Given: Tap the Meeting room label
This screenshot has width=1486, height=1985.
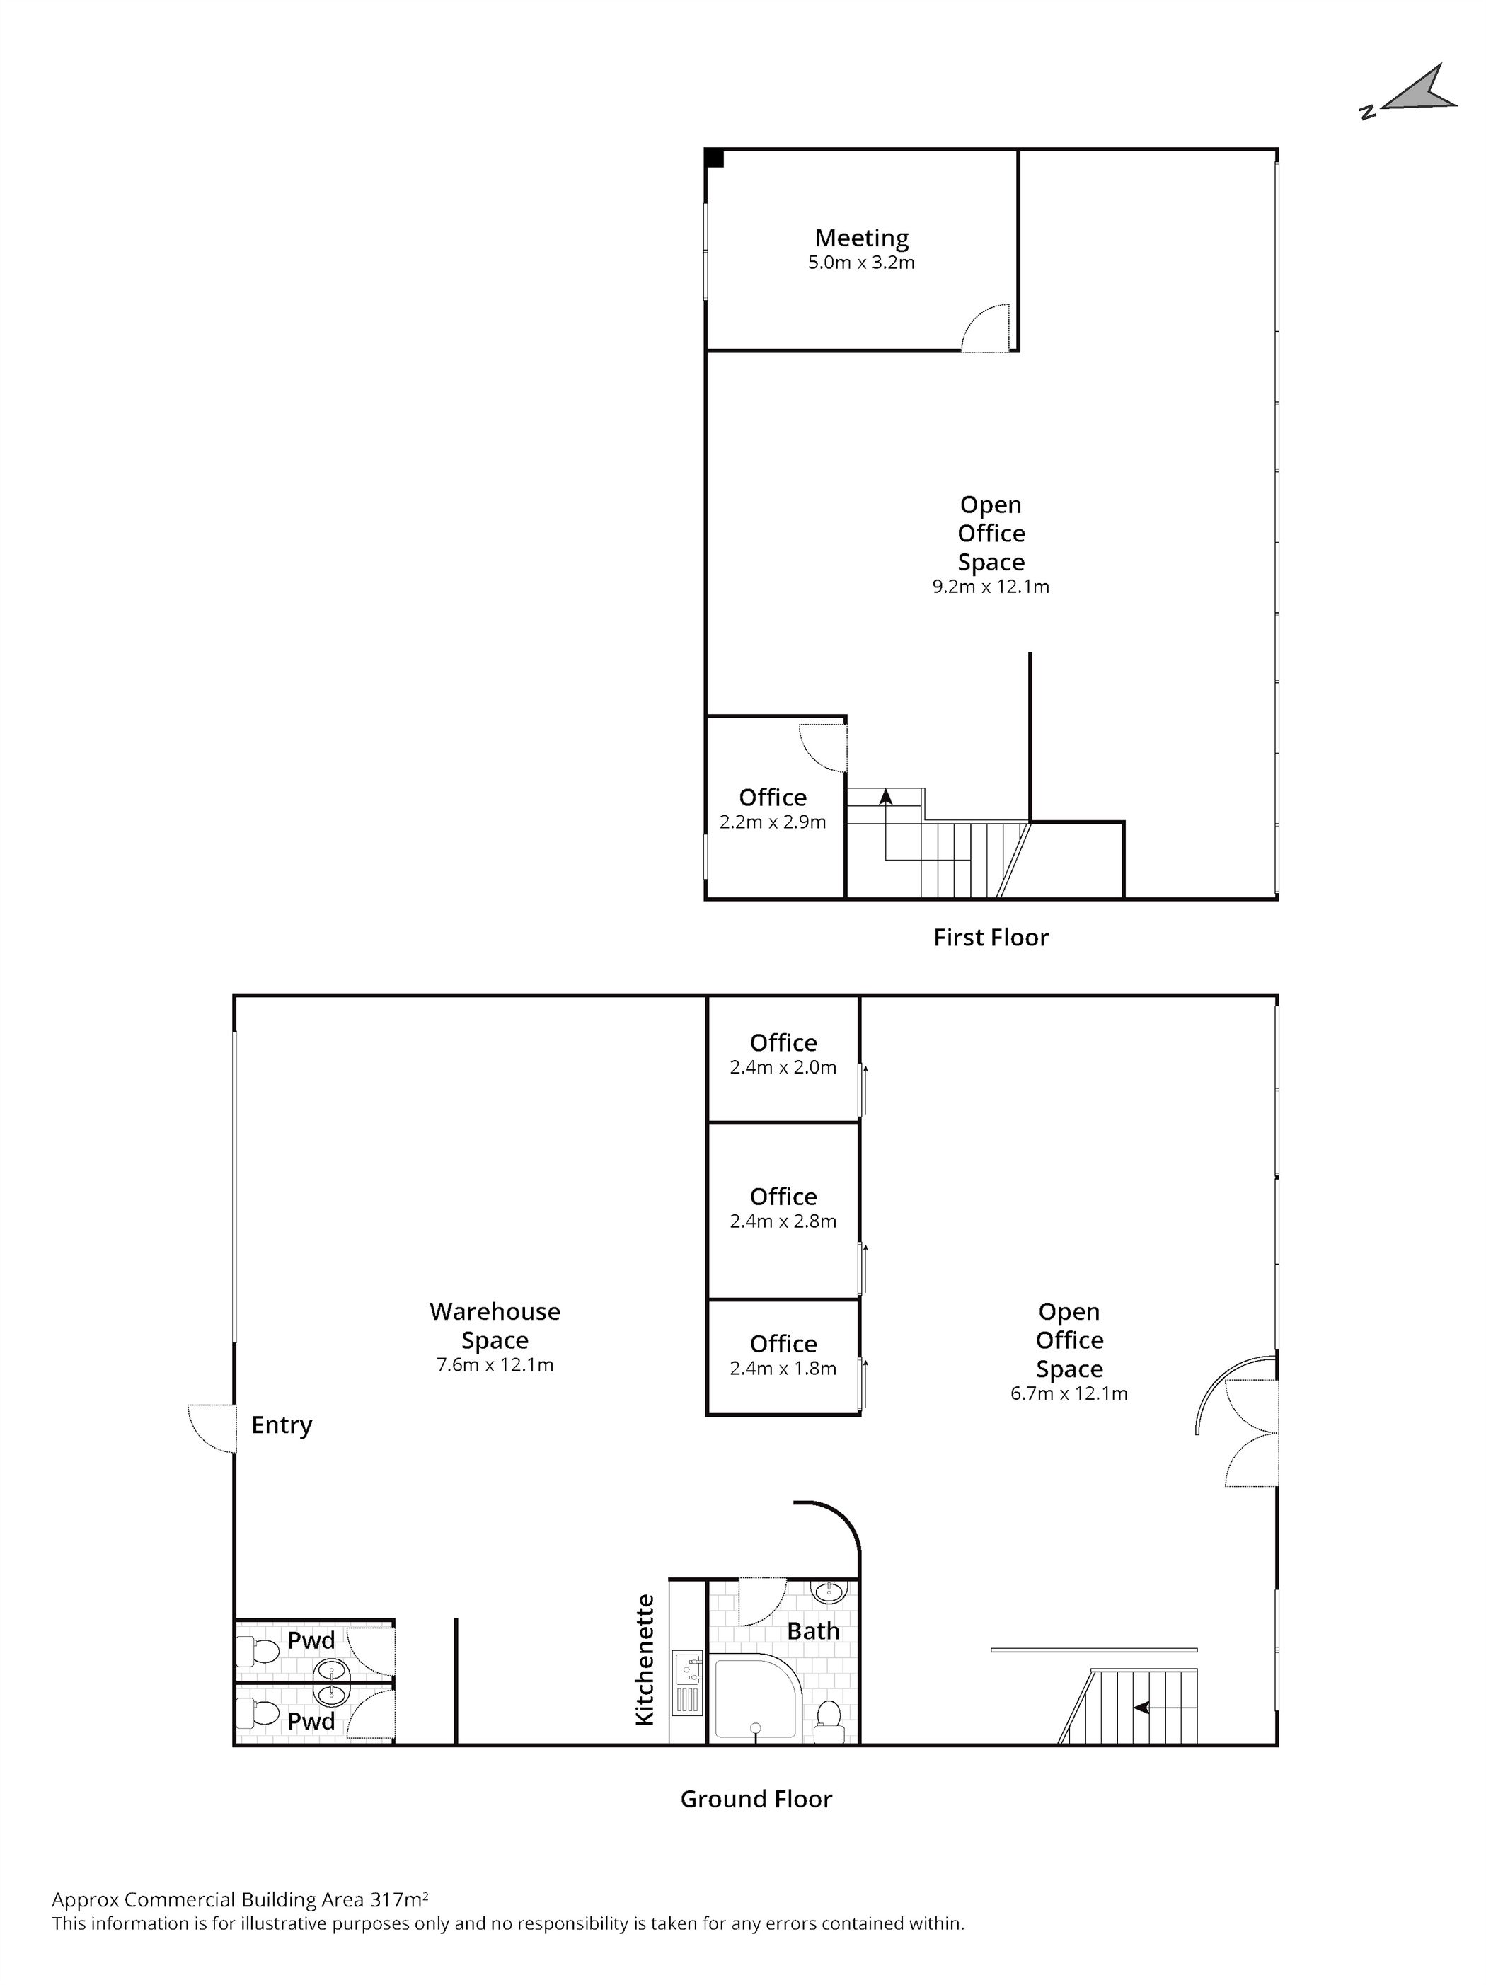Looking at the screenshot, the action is [x=860, y=238].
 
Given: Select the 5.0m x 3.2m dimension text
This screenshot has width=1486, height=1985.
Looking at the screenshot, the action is [x=860, y=263].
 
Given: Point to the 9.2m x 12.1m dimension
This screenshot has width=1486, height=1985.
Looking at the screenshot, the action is [x=990, y=587].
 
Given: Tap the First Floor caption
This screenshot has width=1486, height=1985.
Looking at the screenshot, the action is [x=990, y=937].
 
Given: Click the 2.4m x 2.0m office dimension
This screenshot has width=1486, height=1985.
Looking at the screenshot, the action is [x=783, y=1068].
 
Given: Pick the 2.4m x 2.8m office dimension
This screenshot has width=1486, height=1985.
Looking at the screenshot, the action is [x=783, y=1221].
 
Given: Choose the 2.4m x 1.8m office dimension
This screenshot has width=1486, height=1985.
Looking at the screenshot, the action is [x=783, y=1369].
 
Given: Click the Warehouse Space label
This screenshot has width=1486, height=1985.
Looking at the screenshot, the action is [x=495, y=1325].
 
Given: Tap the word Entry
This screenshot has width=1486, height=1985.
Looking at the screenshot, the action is [x=281, y=1425].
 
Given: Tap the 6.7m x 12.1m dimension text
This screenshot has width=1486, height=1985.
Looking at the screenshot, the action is [x=1068, y=1393].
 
